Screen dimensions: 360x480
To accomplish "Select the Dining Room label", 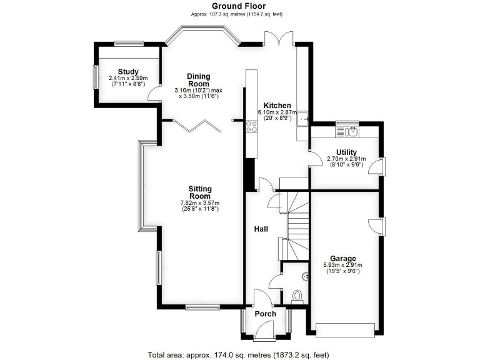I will (199, 79).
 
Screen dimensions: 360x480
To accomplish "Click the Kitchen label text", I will (276, 105).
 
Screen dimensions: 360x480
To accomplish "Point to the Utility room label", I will (346, 152).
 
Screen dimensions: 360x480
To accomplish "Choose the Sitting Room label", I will (200, 192).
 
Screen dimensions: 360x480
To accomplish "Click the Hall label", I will (261, 229).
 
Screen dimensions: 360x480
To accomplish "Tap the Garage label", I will (343, 258).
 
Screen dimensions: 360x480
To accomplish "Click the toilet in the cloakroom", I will (297, 296).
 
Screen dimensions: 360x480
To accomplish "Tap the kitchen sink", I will (303, 118).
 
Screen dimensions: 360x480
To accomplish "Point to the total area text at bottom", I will (238, 354).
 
